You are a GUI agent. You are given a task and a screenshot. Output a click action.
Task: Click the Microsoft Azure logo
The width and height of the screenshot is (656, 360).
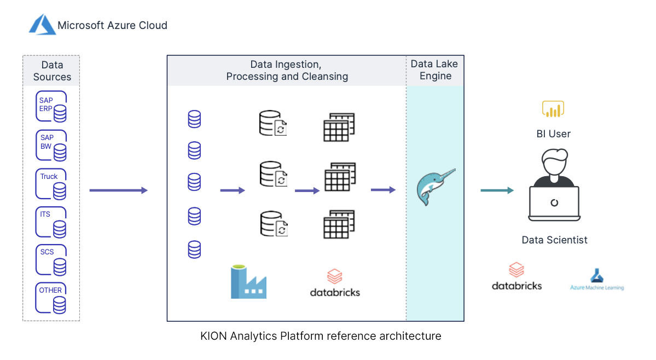(x=43, y=25)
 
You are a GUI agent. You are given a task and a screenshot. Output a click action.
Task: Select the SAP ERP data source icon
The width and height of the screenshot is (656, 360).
(x=51, y=107)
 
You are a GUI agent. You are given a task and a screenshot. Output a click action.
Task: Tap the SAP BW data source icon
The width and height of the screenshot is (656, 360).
(x=51, y=145)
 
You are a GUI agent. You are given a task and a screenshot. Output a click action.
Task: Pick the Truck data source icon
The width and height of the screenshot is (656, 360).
(x=51, y=184)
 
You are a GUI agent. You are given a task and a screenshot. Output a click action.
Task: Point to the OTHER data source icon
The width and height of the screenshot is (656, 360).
(x=51, y=298)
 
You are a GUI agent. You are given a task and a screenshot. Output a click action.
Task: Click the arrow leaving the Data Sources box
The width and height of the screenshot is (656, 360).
(x=118, y=190)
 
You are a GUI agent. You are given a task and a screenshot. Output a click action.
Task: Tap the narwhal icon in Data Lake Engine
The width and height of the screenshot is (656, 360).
(x=435, y=187)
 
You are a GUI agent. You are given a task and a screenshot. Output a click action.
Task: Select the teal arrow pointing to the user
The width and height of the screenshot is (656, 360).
(x=497, y=190)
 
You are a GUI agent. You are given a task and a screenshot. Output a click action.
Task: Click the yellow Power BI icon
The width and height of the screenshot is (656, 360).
(x=553, y=109)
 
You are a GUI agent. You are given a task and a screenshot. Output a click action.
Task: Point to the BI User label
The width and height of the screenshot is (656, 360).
(x=554, y=133)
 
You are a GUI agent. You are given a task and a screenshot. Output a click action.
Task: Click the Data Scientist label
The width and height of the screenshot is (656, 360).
(x=554, y=240)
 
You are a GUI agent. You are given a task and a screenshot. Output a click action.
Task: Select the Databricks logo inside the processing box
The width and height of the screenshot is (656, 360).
(x=335, y=283)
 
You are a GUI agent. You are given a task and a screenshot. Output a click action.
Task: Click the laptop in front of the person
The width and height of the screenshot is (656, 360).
(x=554, y=203)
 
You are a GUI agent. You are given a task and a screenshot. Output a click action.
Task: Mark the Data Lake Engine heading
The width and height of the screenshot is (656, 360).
(x=434, y=70)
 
